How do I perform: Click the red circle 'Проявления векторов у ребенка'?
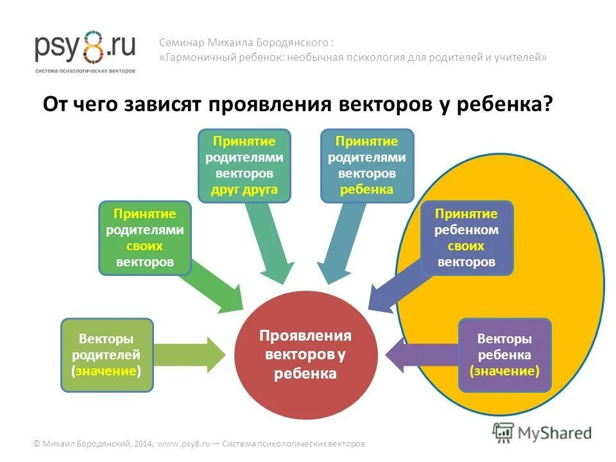(x=305, y=354)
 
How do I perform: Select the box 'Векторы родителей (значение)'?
(x=107, y=355)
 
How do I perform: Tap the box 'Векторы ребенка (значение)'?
(x=504, y=355)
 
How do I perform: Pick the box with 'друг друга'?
(x=244, y=166)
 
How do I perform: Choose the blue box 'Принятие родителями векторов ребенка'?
(x=367, y=166)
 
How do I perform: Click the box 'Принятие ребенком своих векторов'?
(x=466, y=238)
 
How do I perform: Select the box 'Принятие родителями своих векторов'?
(x=145, y=238)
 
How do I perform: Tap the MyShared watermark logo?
(x=542, y=432)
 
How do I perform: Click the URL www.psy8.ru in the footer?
(x=183, y=443)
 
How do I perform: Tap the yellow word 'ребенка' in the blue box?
(x=367, y=189)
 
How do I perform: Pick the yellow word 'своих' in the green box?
(x=145, y=246)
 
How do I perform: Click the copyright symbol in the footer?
(x=37, y=443)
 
